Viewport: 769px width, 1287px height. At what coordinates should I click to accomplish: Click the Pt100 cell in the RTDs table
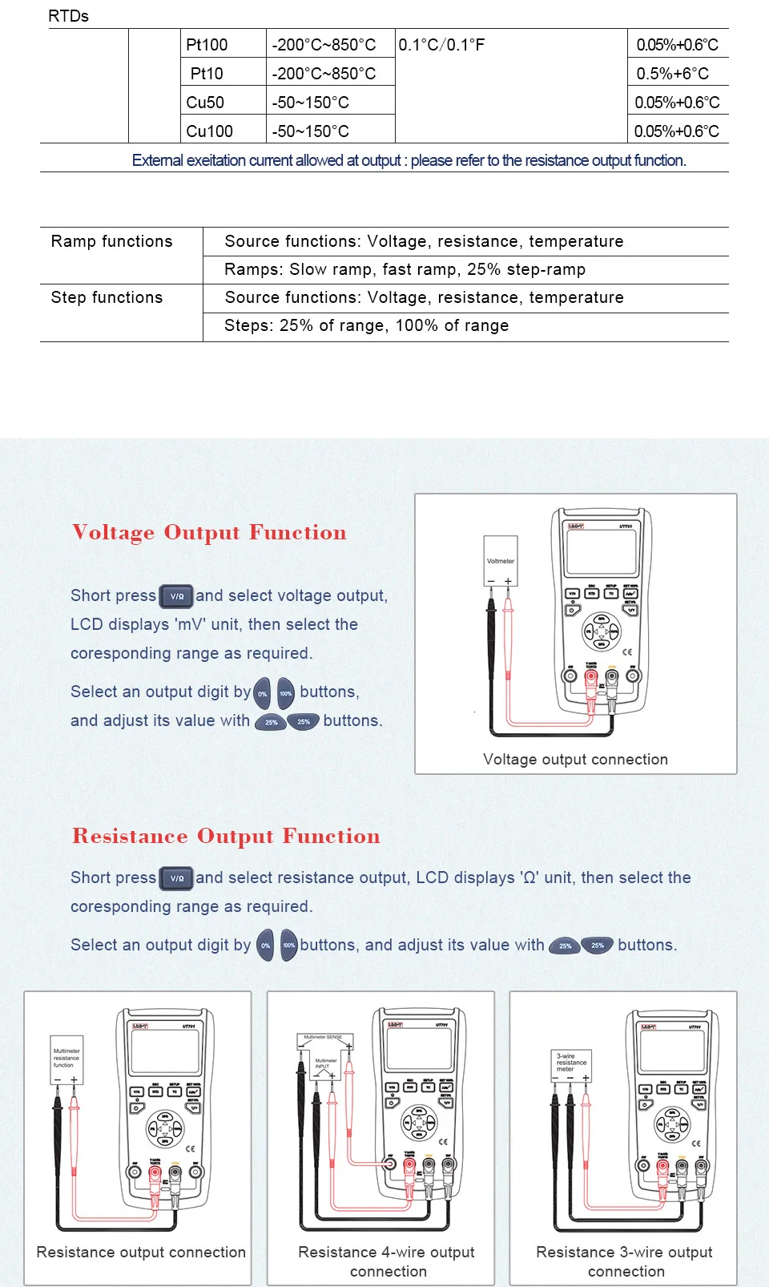pyautogui.click(x=207, y=45)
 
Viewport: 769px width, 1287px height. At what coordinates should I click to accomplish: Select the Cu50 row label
pyautogui.click(x=205, y=103)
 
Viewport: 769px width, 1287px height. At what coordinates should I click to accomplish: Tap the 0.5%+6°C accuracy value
pyautogui.click(x=672, y=74)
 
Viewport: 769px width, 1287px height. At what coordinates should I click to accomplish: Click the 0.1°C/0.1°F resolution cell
pyautogui.click(x=441, y=45)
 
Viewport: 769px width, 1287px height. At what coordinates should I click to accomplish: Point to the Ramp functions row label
pyautogui.click(x=111, y=241)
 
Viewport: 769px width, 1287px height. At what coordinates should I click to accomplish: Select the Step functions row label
pyautogui.click(x=107, y=297)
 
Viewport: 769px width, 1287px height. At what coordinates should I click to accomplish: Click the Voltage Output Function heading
pyautogui.click(x=209, y=532)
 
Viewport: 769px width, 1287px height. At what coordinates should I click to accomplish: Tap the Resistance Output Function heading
pyautogui.click(x=226, y=836)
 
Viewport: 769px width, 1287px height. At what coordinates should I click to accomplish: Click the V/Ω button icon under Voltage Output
pyautogui.click(x=176, y=596)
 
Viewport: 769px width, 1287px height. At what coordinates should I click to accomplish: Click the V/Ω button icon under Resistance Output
pyautogui.click(x=176, y=878)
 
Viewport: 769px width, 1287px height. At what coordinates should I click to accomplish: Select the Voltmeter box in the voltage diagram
pyautogui.click(x=501, y=560)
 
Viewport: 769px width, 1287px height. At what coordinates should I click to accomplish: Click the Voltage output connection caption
pyautogui.click(x=575, y=759)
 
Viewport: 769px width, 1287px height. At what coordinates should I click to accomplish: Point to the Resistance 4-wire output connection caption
pyautogui.click(x=387, y=1261)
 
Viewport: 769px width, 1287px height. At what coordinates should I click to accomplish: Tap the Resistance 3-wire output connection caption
pyautogui.click(x=624, y=1261)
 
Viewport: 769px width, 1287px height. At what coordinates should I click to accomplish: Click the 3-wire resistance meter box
pyautogui.click(x=572, y=1064)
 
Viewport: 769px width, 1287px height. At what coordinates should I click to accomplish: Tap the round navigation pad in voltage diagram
pyautogui.click(x=601, y=631)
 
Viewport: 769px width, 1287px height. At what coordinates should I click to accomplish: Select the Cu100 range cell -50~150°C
pyautogui.click(x=311, y=131)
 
